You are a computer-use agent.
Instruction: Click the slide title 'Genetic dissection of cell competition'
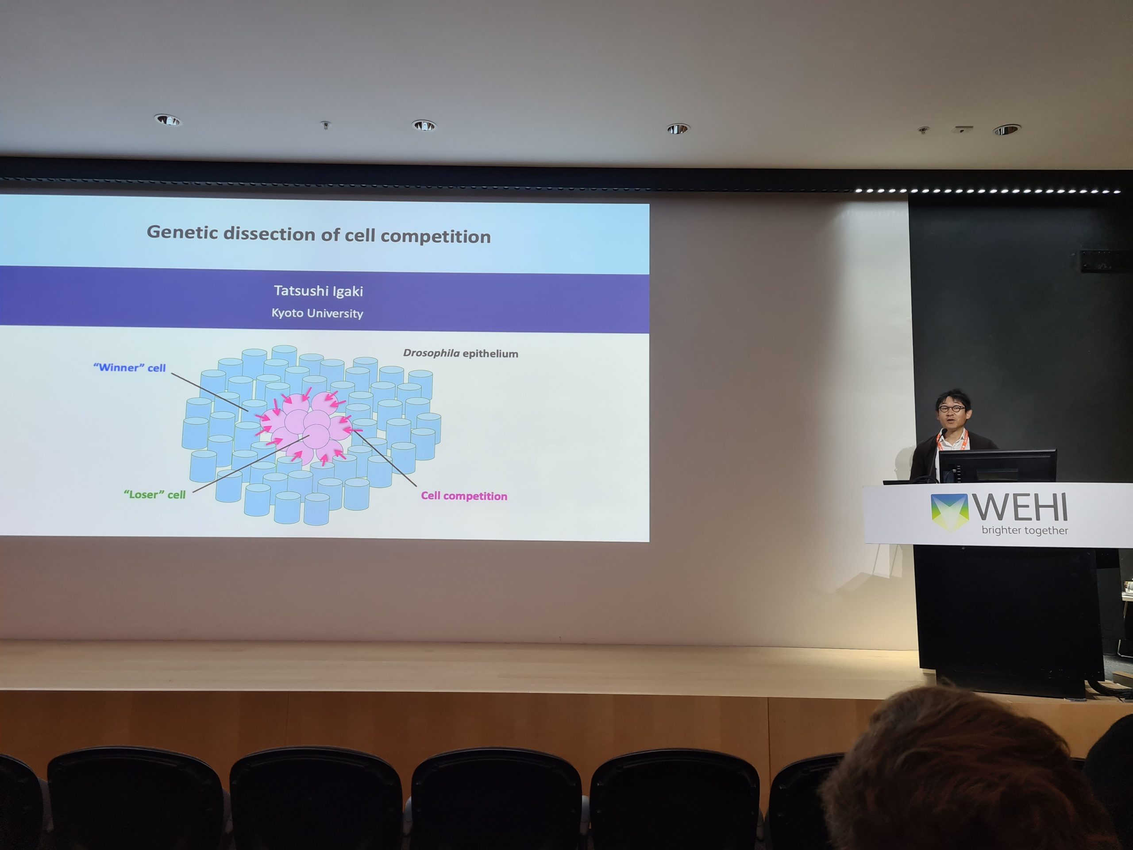tap(319, 234)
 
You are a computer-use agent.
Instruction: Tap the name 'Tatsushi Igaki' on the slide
tap(319, 291)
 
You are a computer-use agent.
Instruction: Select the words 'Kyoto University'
tap(317, 313)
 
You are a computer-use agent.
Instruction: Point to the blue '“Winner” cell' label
tap(130, 367)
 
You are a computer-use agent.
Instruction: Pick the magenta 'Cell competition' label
tap(464, 496)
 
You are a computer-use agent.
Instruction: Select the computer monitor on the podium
tap(997, 466)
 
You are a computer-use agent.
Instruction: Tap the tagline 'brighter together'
tap(1025, 531)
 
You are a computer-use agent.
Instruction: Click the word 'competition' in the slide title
tap(435, 236)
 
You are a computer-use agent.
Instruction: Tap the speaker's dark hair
tap(953, 398)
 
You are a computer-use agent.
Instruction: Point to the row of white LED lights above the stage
tap(989, 191)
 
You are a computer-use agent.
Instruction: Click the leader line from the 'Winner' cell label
tap(209, 392)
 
